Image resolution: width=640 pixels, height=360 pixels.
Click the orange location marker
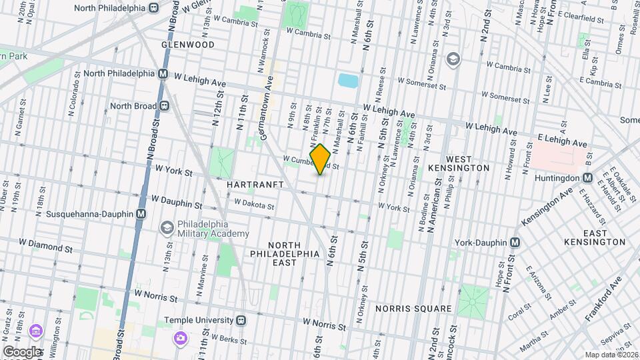tap(320, 159)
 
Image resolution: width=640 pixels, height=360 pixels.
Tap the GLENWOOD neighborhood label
tap(188, 45)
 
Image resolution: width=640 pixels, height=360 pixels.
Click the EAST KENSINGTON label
tap(594, 237)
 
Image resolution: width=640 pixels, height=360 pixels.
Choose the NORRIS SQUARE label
tap(413, 309)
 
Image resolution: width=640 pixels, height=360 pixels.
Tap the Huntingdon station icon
tap(588, 177)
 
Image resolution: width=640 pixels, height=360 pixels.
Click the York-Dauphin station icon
tap(515, 243)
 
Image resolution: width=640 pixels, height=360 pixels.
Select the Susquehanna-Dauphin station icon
tap(141, 214)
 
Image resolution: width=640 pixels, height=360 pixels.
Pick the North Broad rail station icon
tap(163, 105)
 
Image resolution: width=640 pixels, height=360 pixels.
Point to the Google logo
tap(22, 351)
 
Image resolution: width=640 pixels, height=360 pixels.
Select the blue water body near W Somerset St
tap(348, 81)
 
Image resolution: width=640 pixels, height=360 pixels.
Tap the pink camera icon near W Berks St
tap(180, 338)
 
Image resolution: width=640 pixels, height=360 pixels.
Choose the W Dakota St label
tap(254, 204)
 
